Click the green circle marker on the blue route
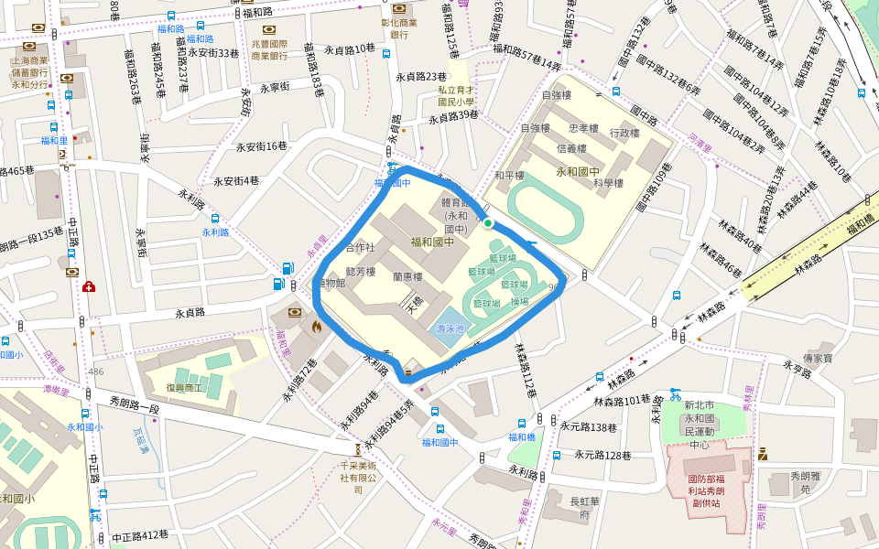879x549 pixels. (488, 223)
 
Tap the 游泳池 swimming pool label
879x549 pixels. (450, 328)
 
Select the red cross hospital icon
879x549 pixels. (89, 287)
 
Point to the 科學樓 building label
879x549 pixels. (607, 183)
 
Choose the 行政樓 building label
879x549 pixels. (624, 134)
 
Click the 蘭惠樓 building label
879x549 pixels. (407, 276)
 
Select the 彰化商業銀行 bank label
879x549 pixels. (398, 28)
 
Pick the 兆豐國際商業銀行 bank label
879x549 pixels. (269, 49)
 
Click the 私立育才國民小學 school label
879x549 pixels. (455, 96)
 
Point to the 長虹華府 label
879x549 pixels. (585, 507)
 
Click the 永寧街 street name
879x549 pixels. (275, 88)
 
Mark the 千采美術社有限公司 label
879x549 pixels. (358, 477)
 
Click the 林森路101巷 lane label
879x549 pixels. (622, 400)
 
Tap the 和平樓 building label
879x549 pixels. (509, 176)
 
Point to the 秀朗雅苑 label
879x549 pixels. (793, 482)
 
